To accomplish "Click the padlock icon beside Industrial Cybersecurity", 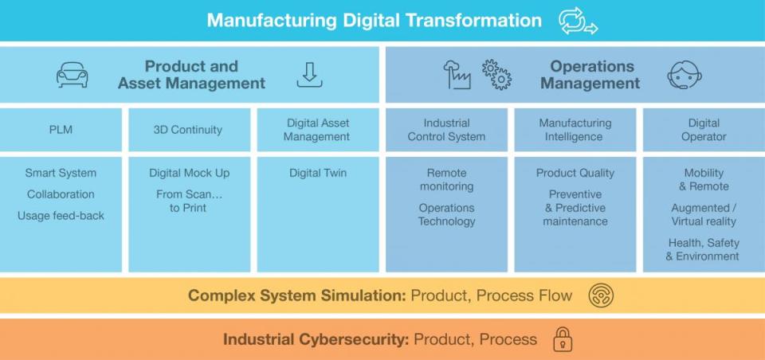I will click(x=563, y=339).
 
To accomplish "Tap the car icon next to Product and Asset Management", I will click(x=72, y=75).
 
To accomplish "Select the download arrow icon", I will click(x=309, y=75).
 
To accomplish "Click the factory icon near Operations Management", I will click(x=457, y=75).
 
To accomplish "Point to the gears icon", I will click(x=496, y=75).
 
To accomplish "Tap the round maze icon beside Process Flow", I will click(x=601, y=295).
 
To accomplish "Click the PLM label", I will click(x=61, y=130).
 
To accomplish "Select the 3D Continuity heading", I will click(x=188, y=130).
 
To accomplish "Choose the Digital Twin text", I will click(x=318, y=173).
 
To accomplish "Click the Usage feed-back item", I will click(x=61, y=216).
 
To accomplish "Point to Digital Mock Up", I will click(x=189, y=173).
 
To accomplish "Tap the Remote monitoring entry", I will click(x=446, y=179).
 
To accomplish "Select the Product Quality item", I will click(x=575, y=173).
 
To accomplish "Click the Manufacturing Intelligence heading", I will click(x=575, y=130).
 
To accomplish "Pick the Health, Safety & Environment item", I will click(x=703, y=249).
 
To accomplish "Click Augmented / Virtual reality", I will click(x=703, y=214).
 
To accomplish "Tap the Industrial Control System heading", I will click(x=446, y=130).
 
